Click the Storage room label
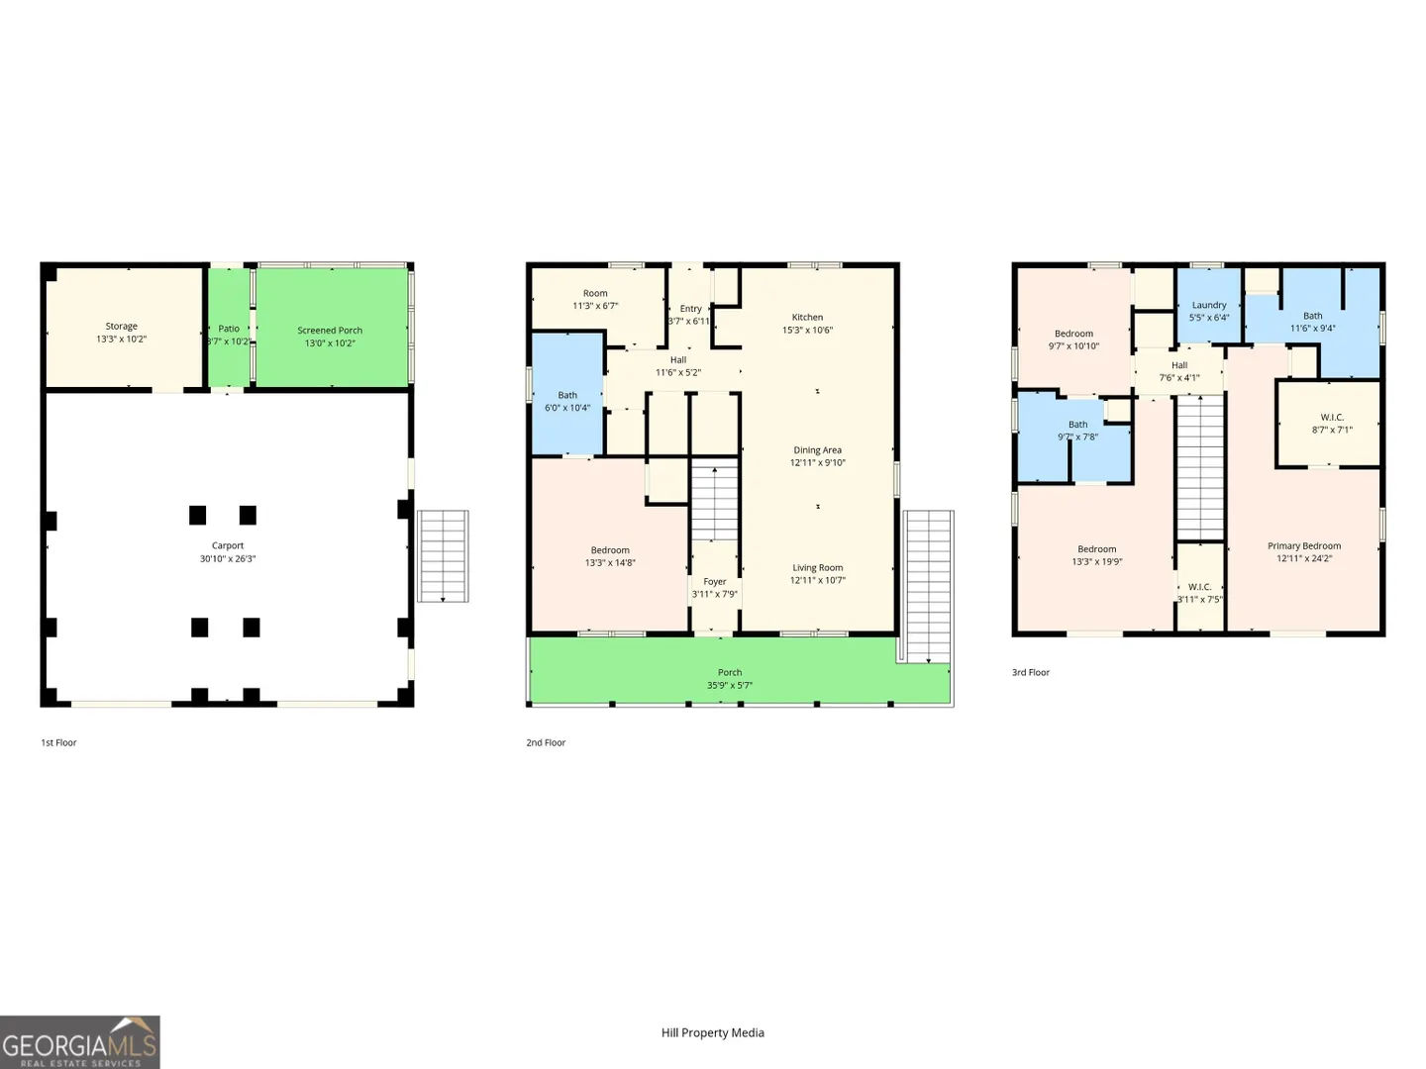pos(122,326)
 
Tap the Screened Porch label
pos(330,331)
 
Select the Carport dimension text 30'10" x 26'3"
pos(228,558)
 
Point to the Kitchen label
pos(807,317)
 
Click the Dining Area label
pos(817,449)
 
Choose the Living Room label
pos(817,567)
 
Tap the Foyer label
pos(715,582)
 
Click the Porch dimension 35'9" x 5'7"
pos(730,685)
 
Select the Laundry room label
pos(1209,305)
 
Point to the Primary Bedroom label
pos(1304,545)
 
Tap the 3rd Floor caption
pos(1030,672)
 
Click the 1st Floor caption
pos(58,742)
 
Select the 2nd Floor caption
pos(546,742)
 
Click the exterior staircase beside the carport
pos(443,556)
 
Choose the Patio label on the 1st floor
pos(229,329)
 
